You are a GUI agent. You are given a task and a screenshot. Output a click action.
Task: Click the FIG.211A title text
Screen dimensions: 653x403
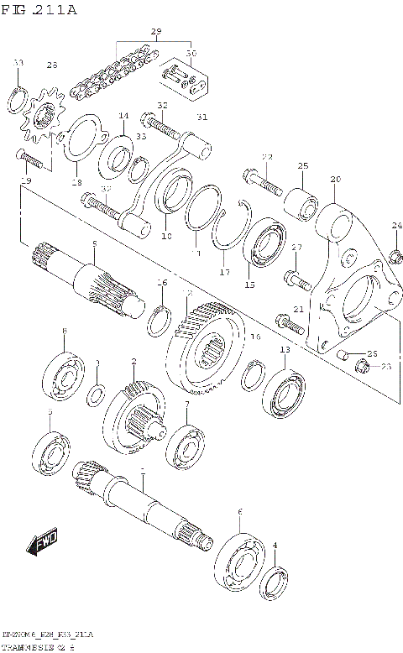[39, 10]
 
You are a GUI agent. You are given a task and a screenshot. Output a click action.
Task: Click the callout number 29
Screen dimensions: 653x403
[155, 31]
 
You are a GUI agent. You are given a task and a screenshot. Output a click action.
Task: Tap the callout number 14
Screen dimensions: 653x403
[123, 116]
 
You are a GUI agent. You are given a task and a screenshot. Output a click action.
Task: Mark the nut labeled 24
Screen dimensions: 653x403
[395, 255]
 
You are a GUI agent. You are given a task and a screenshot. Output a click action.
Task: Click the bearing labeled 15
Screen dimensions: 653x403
[264, 244]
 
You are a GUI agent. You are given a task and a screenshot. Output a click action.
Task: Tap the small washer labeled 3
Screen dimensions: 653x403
[97, 392]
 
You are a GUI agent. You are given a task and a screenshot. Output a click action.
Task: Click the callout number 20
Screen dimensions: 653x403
[335, 180]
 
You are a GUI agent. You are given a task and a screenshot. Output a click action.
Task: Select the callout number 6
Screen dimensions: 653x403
[239, 511]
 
